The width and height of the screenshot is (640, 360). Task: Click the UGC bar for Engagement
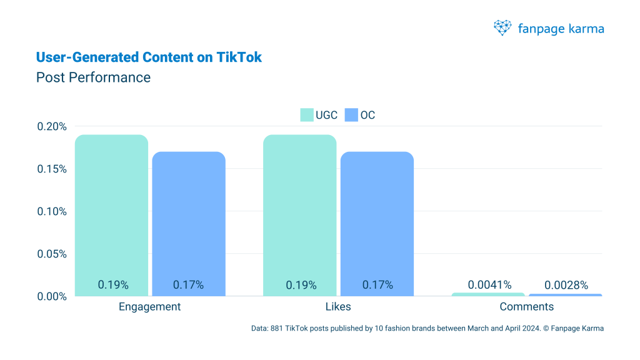point(112,212)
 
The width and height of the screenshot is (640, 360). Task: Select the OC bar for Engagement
point(189,222)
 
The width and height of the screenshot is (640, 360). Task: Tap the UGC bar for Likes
point(300,212)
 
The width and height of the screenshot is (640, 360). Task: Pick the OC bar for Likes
point(377,222)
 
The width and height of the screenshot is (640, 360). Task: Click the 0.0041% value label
point(489,285)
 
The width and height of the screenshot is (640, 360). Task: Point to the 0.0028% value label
point(566,285)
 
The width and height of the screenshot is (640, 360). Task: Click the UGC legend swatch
point(306,115)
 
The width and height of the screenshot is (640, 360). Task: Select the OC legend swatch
point(351,115)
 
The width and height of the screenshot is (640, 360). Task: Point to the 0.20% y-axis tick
point(52,126)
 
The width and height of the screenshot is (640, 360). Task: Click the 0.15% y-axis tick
point(52,169)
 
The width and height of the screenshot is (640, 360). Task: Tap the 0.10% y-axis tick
point(52,211)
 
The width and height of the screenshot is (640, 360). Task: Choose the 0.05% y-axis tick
point(52,254)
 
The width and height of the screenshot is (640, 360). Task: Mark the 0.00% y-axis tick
point(52,296)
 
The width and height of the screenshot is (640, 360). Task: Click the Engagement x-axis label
point(150,307)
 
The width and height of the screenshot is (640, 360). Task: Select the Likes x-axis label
point(338,307)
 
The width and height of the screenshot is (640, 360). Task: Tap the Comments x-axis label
point(527,307)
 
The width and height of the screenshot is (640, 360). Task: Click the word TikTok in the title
point(239,57)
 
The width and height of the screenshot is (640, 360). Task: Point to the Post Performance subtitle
point(93,77)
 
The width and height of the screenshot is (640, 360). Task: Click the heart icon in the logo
point(502,27)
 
